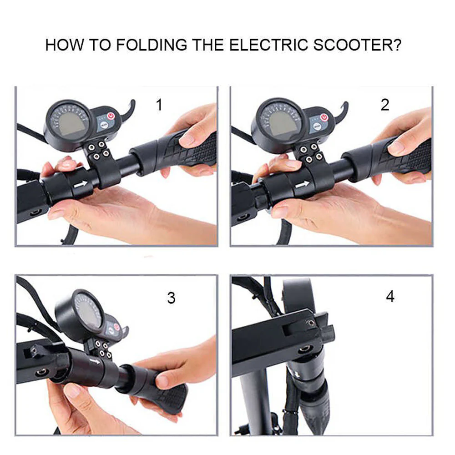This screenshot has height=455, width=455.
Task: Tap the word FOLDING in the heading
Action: [x=152, y=45]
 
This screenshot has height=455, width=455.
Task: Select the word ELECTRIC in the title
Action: [x=269, y=45]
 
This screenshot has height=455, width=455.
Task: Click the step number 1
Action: [x=159, y=105]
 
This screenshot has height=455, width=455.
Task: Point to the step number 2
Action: [x=385, y=105]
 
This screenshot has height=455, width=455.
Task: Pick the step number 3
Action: [x=171, y=298]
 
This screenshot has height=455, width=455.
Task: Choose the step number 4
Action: [x=390, y=297]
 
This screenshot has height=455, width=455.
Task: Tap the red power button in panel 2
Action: [x=324, y=117]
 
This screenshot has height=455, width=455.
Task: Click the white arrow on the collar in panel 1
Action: [x=81, y=184]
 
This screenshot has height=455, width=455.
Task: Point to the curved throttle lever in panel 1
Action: [x=128, y=111]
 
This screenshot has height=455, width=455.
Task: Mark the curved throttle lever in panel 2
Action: [x=341, y=112]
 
